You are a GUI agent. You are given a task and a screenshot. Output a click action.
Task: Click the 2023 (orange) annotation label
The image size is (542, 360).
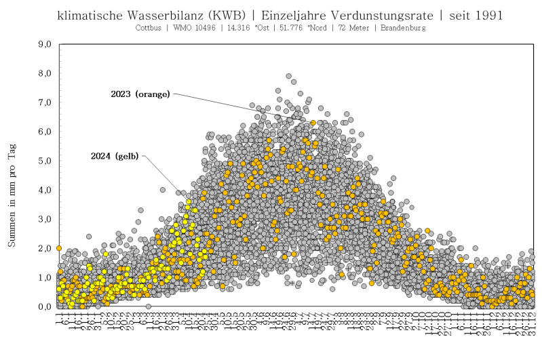coord(140,94)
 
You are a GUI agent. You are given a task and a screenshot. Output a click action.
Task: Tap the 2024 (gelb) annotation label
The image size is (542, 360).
coord(115,156)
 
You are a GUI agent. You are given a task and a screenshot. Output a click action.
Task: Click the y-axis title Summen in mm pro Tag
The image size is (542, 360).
coord(12,197)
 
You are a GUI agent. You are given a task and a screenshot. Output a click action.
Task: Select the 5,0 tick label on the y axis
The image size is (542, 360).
coord(45,161)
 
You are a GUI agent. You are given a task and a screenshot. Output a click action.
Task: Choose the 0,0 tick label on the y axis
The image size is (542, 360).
coord(45,307)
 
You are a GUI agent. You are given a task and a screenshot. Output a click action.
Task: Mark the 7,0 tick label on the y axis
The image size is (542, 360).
coord(45,102)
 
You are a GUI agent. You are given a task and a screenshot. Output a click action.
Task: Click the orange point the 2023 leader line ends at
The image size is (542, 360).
coord(313,123)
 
